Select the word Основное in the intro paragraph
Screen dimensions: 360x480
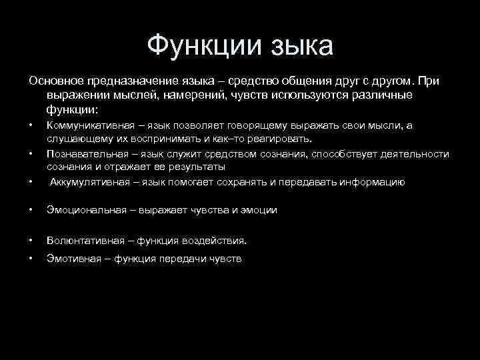[57, 81]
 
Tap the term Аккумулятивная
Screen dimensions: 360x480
[87, 182]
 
